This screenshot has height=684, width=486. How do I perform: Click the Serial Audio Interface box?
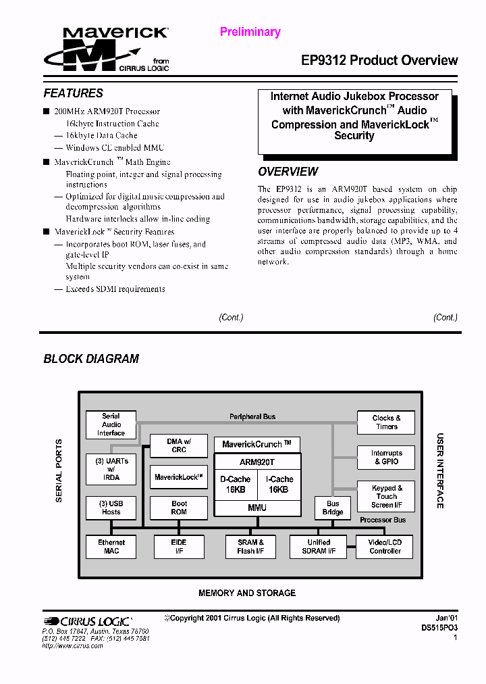click(x=111, y=424)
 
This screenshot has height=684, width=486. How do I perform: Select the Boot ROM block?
click(x=179, y=508)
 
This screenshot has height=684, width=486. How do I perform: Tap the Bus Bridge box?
click(x=333, y=508)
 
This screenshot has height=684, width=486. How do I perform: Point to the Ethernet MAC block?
click(x=111, y=546)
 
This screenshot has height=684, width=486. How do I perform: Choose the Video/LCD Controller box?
click(x=385, y=546)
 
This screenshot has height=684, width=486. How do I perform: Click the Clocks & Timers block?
click(x=386, y=422)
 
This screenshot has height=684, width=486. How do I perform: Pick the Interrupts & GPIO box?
click(x=386, y=458)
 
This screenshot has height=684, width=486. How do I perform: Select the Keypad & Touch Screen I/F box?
click(x=386, y=496)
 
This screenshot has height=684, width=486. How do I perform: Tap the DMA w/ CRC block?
click(x=179, y=445)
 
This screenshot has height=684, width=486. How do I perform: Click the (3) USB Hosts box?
click(x=111, y=508)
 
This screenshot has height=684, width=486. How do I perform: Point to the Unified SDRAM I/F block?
click(x=318, y=546)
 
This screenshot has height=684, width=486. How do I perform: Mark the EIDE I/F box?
click(x=179, y=546)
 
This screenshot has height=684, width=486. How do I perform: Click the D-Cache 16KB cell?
click(x=235, y=484)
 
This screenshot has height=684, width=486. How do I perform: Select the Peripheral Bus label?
click(x=252, y=416)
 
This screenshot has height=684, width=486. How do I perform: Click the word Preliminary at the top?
click(x=250, y=32)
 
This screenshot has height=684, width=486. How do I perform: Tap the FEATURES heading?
click(x=74, y=93)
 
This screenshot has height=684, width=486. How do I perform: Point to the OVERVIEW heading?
click(x=288, y=172)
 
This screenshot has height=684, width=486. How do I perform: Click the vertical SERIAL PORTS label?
click(x=59, y=470)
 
